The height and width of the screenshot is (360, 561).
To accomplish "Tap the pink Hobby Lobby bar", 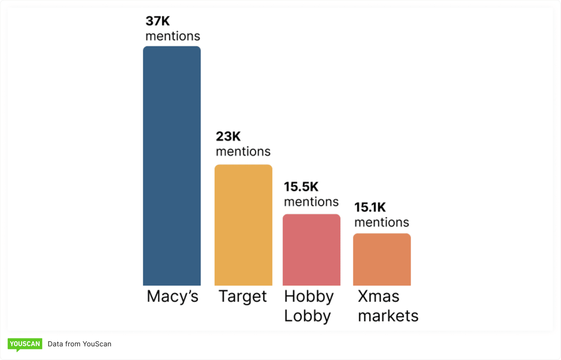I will [311, 250].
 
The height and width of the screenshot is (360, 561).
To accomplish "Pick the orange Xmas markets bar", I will [382, 260].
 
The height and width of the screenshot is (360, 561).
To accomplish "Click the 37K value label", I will [157, 21].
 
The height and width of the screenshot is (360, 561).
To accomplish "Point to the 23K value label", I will [228, 136].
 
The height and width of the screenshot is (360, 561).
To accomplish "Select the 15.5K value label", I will [301, 187].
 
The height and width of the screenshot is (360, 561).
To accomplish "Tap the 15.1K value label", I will [370, 207].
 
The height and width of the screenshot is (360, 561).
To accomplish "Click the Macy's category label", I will [173, 296].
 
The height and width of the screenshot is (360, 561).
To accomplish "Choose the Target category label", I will [243, 296].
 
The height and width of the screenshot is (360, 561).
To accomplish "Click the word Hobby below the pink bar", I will [309, 296].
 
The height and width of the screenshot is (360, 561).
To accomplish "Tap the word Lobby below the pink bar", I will [307, 316].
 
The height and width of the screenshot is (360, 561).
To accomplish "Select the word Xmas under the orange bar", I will [379, 296].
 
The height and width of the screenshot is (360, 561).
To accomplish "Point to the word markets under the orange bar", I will [388, 316].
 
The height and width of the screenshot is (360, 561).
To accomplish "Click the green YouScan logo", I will [25, 344].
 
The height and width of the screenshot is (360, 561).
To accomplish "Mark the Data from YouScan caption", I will [79, 344].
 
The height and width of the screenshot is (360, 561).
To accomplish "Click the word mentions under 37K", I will [173, 36].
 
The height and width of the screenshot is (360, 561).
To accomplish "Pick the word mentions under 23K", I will [243, 152].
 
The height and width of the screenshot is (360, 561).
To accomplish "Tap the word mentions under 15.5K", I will [311, 202].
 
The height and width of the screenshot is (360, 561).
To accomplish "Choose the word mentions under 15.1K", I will [382, 222].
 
